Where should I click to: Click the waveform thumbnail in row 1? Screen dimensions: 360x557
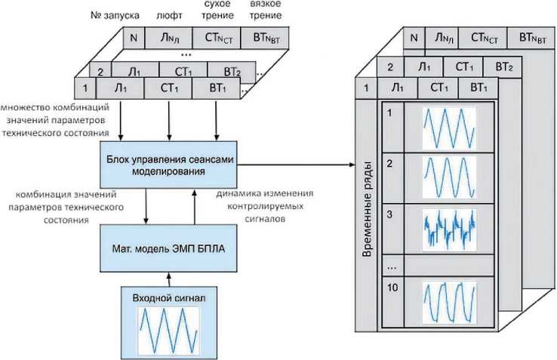pyautogui.click(x=448, y=128)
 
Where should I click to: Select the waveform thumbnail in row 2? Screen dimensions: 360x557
pyautogui.click(x=448, y=178)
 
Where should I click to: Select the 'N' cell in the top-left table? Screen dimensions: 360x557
pyautogui.click(x=133, y=38)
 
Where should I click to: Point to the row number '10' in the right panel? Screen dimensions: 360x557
pyautogui.click(x=392, y=287)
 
